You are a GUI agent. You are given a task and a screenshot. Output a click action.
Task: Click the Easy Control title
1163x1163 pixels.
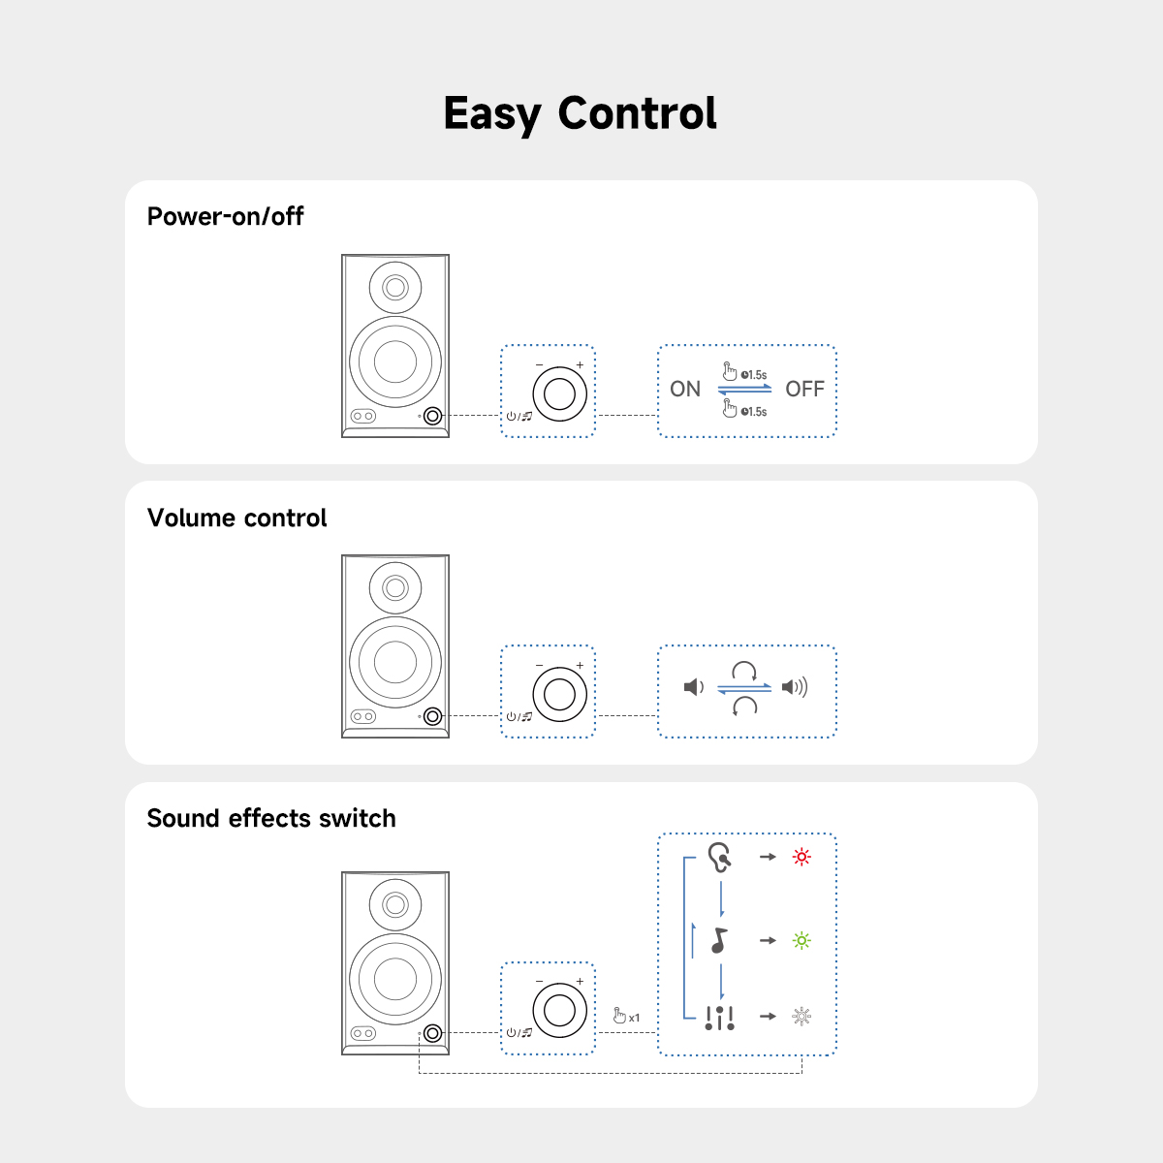click(x=580, y=113)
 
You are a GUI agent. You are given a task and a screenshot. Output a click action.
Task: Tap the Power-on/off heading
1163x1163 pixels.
click(x=225, y=216)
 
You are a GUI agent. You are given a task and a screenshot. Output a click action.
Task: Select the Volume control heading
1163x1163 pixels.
click(x=236, y=518)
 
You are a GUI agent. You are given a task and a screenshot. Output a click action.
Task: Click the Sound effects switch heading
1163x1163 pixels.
click(x=271, y=818)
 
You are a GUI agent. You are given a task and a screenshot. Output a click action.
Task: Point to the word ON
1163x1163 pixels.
click(x=685, y=390)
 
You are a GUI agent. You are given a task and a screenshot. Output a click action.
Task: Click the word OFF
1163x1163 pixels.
click(x=804, y=390)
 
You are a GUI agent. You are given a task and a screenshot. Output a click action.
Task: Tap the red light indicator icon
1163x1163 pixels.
click(x=802, y=857)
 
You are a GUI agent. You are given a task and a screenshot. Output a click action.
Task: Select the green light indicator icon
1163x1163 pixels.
click(x=802, y=941)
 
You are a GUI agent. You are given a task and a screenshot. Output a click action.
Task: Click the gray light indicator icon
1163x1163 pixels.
click(x=802, y=1017)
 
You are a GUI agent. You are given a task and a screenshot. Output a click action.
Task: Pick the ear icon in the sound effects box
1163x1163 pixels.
click(x=720, y=858)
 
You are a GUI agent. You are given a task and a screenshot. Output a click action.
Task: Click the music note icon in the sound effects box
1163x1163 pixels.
click(x=719, y=941)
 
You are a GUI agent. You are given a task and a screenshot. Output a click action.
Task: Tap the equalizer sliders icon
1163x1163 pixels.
click(x=719, y=1019)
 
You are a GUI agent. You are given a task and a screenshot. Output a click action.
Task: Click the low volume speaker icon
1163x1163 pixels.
click(x=694, y=687)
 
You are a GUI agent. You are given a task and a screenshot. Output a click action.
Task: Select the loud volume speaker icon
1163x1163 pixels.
click(x=795, y=687)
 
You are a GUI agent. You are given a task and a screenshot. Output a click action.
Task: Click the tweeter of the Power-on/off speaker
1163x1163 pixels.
click(x=395, y=288)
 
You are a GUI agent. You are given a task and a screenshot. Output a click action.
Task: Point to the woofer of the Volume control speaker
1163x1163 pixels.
click(x=395, y=662)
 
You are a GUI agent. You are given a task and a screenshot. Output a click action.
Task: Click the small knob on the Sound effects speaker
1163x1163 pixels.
click(x=432, y=1033)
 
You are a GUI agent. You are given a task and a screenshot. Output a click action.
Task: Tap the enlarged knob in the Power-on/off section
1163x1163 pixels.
click(x=559, y=394)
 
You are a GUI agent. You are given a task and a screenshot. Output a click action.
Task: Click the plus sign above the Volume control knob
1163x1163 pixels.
click(x=580, y=665)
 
